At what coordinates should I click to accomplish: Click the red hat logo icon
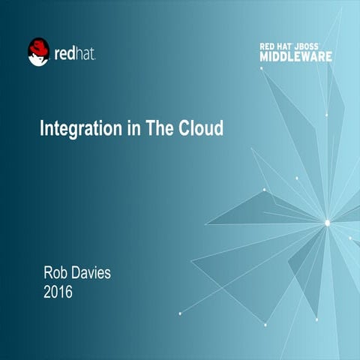click(x=38, y=52)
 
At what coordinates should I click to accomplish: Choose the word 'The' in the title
click(x=160, y=127)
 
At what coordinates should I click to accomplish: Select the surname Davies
click(x=92, y=273)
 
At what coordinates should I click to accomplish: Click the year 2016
click(x=58, y=292)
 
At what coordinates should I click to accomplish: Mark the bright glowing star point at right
click(x=327, y=222)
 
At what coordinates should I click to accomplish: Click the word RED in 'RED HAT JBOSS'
click(x=268, y=46)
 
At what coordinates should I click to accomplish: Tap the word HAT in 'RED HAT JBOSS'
click(x=286, y=46)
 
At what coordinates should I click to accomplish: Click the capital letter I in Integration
click(x=42, y=127)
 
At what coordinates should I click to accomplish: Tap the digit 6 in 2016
click(x=68, y=292)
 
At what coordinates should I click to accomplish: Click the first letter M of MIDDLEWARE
click(x=265, y=55)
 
